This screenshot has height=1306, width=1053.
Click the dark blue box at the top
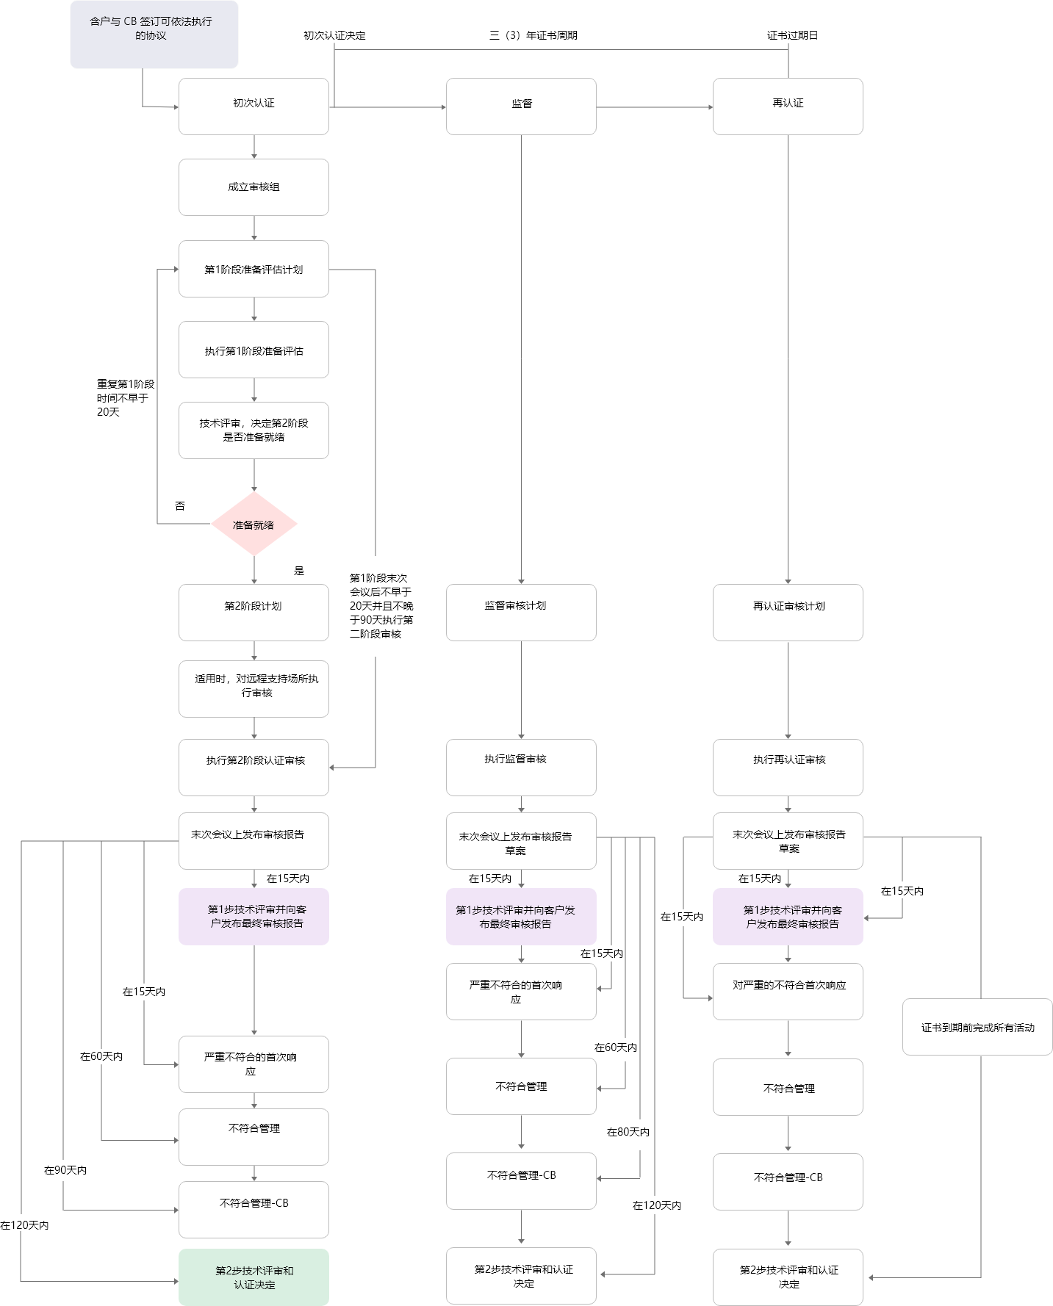pyautogui.click(x=154, y=35)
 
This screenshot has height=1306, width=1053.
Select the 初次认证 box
pyautogui.click(x=254, y=107)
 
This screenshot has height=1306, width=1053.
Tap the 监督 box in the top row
pyautogui.click(x=521, y=107)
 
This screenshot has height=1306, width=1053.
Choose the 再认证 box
pyautogui.click(x=788, y=107)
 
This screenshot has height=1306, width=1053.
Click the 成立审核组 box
pyautogui.click(x=254, y=187)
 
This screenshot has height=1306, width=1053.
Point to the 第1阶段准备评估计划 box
pyautogui.click(x=254, y=269)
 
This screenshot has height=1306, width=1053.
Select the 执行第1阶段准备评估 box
pyautogui.click(x=254, y=350)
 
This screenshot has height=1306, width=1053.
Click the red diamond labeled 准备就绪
pyautogui.click(x=254, y=524)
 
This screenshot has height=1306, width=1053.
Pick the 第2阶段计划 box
pyautogui.click(x=254, y=613)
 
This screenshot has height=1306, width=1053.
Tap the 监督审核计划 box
pyautogui.click(x=521, y=613)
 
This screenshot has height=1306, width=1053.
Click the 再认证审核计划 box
pyautogui.click(x=788, y=613)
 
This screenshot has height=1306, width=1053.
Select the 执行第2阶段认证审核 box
pyautogui.click(x=254, y=768)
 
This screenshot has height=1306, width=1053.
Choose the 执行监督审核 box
pyautogui.click(x=521, y=768)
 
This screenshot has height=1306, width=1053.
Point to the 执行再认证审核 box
pyautogui.click(x=788, y=768)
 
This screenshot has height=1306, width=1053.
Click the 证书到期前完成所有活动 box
pyautogui.click(x=977, y=1027)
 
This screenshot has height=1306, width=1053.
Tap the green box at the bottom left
pyautogui.click(x=254, y=1277)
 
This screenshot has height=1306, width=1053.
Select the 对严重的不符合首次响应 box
pyautogui.click(x=788, y=992)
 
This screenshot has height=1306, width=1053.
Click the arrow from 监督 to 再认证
pyautogui.click(x=654, y=107)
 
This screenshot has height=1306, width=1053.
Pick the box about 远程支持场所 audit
pyautogui.click(x=254, y=689)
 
